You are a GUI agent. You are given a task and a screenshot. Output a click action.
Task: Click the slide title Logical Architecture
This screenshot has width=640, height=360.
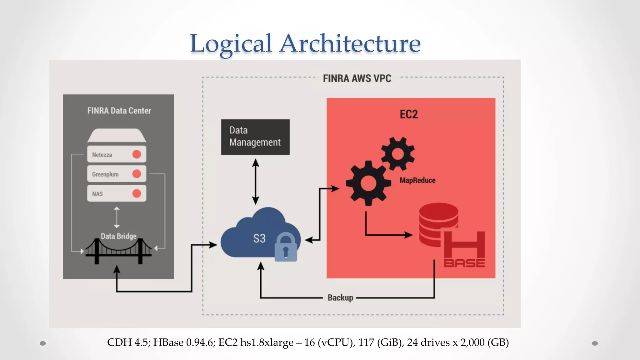pos(305,44)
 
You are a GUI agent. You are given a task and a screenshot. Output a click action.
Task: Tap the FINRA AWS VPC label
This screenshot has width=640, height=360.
pos(357,78)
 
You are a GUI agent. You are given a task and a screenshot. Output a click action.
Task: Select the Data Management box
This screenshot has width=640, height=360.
pos(255,137)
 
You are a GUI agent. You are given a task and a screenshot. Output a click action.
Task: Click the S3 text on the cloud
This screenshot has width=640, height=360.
pos(259,238)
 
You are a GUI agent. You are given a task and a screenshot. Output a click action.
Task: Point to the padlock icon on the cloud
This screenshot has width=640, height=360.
pos(286,247)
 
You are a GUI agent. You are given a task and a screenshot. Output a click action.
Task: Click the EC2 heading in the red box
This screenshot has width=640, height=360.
pos(408,114)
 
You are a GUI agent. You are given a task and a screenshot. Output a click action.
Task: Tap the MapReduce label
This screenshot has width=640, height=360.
pos(417,180)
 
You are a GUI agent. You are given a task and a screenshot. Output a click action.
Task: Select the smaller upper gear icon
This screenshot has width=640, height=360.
pos(397,154)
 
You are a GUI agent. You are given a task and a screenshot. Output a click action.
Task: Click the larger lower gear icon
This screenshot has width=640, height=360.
pos(368,183)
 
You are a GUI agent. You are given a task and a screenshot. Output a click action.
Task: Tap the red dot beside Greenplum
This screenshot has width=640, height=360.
pos(137,174)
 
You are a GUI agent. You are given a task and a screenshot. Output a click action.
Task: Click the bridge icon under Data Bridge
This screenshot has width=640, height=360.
pos(118,251)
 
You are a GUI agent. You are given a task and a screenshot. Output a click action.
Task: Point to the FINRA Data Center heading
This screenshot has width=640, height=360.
pos(119,111)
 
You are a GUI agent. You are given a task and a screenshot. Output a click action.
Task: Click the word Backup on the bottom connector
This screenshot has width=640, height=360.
pos(340,297)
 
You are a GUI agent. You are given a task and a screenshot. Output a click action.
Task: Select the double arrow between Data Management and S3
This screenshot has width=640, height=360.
pos(256,182)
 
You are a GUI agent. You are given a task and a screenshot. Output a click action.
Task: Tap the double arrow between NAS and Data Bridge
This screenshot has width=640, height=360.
pos(117,217)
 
